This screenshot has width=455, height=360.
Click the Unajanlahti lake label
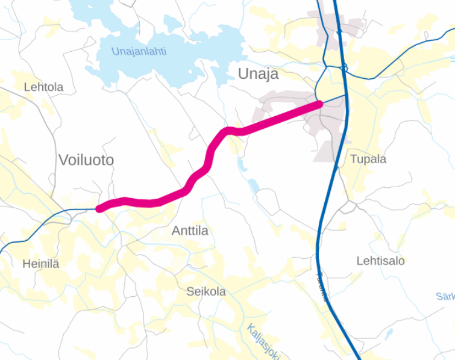(139, 52)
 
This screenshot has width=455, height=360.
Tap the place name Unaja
(258, 74)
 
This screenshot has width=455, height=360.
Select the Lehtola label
(43, 87)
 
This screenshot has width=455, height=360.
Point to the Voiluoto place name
(86, 160)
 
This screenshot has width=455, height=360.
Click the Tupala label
(368, 160)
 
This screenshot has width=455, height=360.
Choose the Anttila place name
(190, 231)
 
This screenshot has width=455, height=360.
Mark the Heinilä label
(41, 264)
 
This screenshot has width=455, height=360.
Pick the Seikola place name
(206, 292)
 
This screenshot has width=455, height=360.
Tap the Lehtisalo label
(380, 261)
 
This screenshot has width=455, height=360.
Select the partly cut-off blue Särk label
(445, 296)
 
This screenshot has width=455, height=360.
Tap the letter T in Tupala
(354, 160)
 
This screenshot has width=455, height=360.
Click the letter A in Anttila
(176, 231)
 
